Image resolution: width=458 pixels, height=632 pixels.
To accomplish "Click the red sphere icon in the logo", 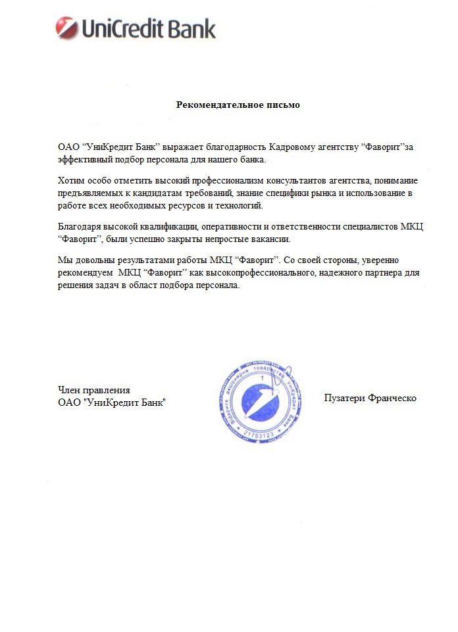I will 67,28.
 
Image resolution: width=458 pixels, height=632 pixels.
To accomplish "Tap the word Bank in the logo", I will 192,29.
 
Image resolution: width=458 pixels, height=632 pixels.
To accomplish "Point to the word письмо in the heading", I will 284,105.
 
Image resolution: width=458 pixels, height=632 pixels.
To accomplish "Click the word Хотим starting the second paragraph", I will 71,181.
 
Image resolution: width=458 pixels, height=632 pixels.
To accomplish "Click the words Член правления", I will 94,390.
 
